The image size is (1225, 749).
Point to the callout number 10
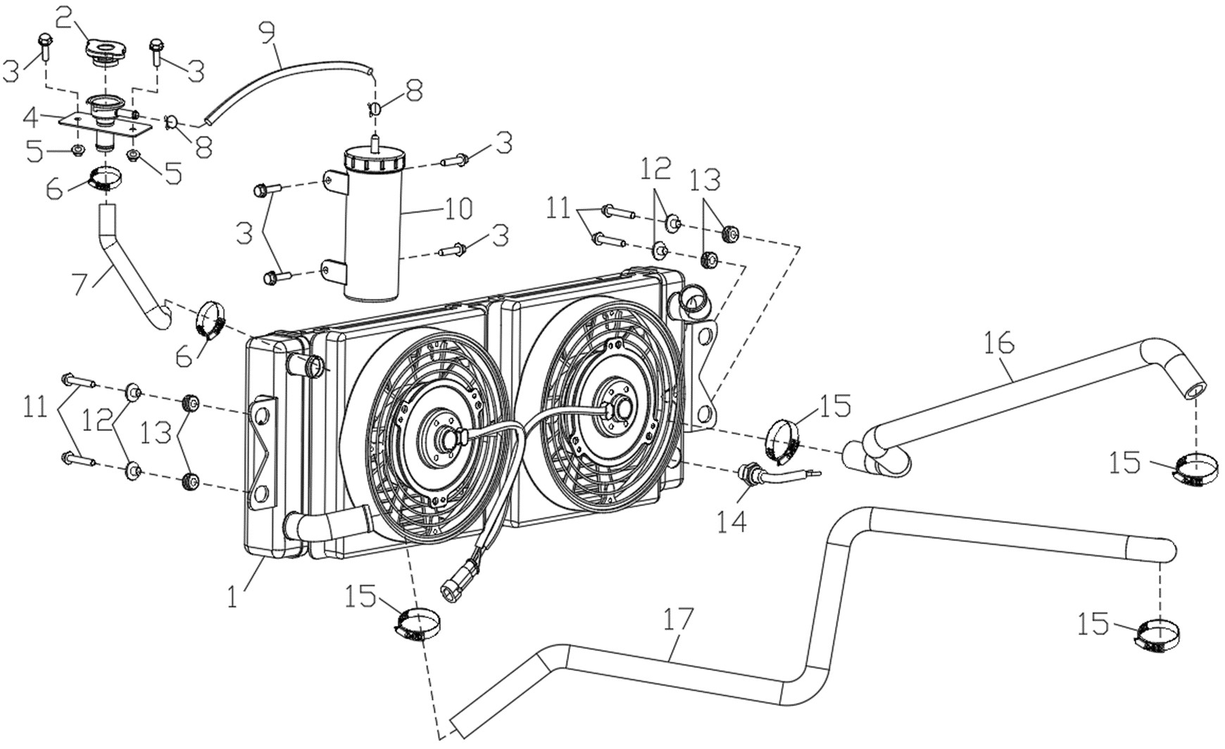458,209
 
